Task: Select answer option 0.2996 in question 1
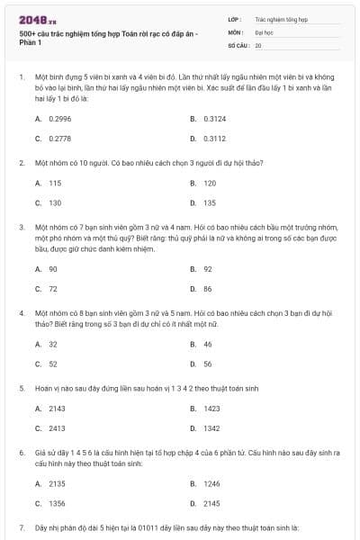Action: point(58,118)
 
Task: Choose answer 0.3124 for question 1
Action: point(214,118)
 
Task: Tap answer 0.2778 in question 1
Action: point(58,139)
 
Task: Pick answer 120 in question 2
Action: point(209,183)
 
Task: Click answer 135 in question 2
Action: point(209,203)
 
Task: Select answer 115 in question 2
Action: point(55,183)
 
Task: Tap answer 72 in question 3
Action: point(53,289)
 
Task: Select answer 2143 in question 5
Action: point(57,408)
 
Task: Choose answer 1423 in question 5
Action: point(211,408)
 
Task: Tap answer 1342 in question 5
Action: point(211,428)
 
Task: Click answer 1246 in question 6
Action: point(211,483)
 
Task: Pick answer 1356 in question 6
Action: point(57,504)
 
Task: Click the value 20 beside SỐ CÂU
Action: point(259,44)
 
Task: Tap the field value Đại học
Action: point(264,31)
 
